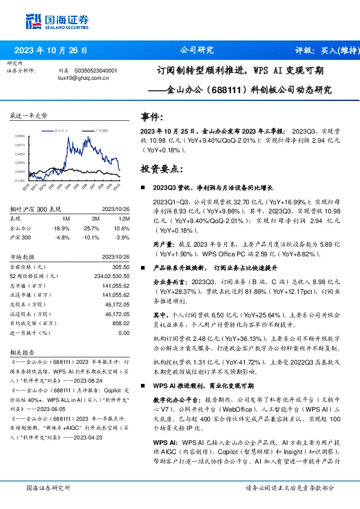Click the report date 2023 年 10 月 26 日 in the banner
pyautogui.click(x=51, y=50)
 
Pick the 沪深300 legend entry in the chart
pyautogui.click(x=99, y=130)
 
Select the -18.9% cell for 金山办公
pyautogui.click(x=63, y=227)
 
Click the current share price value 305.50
pyautogui.click(x=122, y=267)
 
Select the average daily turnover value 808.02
pyautogui.click(x=121, y=323)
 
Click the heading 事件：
pyautogui.click(x=152, y=117)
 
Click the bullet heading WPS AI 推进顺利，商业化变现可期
pyautogui.click(x=203, y=385)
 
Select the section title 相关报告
pyautogui.click(x=22, y=351)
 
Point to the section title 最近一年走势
pyautogui.click(x=28, y=115)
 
